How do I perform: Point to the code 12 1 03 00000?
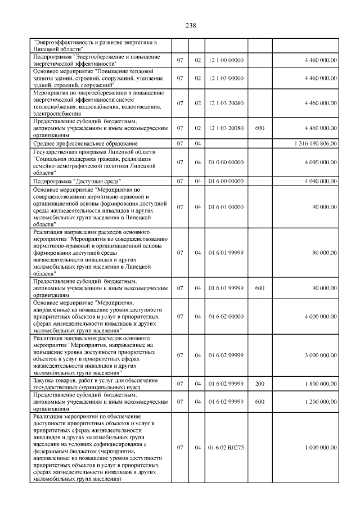click(x=227, y=78)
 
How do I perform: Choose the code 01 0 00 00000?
click(x=227, y=163)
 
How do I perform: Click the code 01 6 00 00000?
click(x=227, y=181)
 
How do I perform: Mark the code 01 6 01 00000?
click(x=227, y=207)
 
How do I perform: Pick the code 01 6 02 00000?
click(x=227, y=317)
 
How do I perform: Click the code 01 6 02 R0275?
click(x=227, y=448)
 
